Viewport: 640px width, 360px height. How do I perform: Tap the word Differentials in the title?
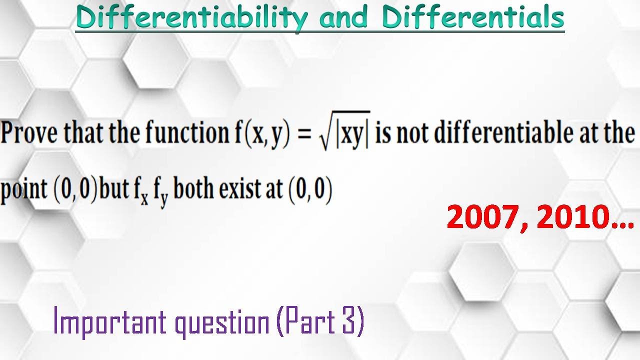(473, 18)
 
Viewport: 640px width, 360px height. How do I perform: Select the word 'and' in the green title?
(345, 18)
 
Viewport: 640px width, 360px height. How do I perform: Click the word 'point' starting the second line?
(24, 191)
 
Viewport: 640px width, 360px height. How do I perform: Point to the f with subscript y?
(162, 192)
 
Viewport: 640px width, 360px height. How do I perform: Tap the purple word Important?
(109, 322)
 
